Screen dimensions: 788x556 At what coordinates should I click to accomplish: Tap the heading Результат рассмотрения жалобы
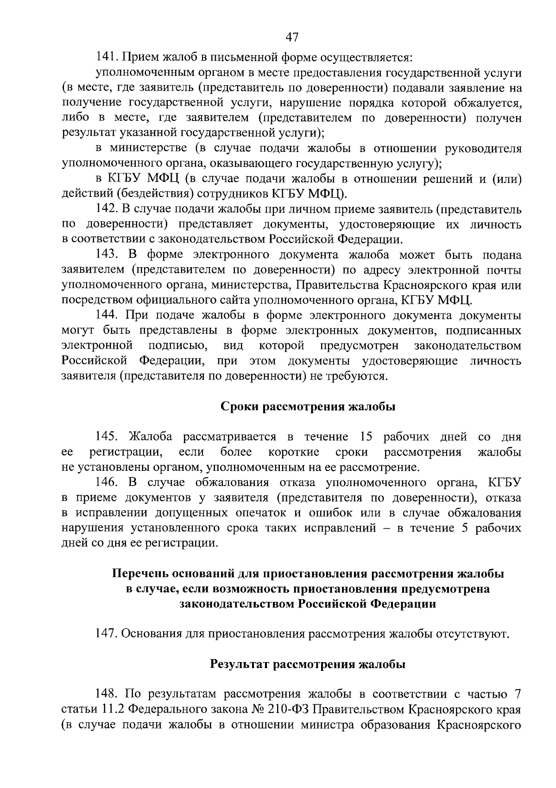(x=308, y=664)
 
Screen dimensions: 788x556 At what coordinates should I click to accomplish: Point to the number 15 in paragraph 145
(x=366, y=437)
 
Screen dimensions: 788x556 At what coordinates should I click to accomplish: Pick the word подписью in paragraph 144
(x=177, y=346)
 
